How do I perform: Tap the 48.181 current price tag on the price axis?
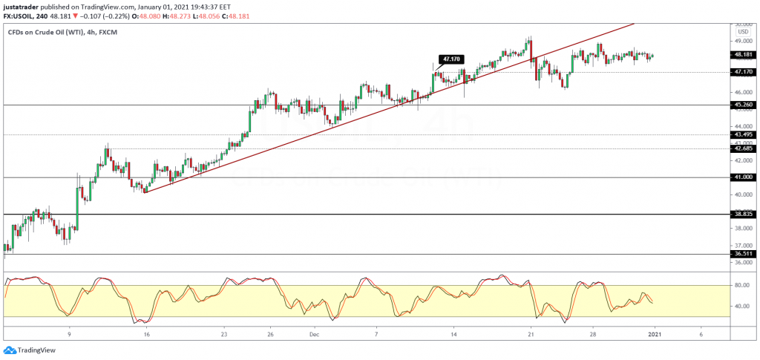(743, 54)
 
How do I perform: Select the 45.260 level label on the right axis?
(743, 105)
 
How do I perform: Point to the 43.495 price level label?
(743, 134)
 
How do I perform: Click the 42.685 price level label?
(743, 148)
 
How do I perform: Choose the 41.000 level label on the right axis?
(743, 177)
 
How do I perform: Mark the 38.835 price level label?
(743, 214)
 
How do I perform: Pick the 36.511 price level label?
(743, 254)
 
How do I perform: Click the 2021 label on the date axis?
(654, 334)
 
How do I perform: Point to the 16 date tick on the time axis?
(147, 334)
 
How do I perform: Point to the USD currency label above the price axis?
(741, 31)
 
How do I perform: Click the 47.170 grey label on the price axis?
(743, 72)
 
